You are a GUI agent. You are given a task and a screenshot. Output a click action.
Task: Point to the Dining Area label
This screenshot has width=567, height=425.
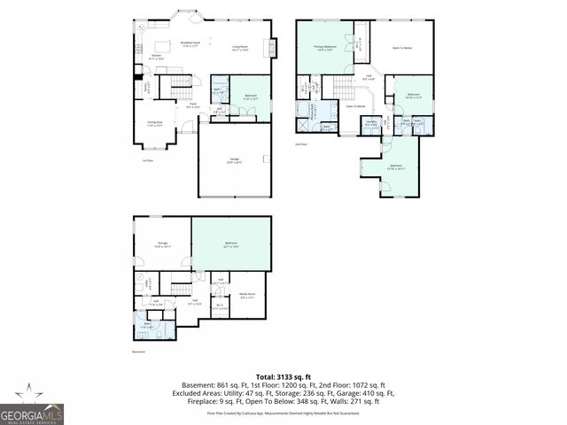(154, 125)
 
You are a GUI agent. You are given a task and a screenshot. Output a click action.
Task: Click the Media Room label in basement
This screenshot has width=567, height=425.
(247, 295)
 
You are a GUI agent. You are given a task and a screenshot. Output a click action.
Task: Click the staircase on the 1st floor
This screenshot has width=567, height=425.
(181, 86)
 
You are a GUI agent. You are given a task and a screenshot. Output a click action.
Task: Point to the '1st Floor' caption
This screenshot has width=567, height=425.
(147, 160)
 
